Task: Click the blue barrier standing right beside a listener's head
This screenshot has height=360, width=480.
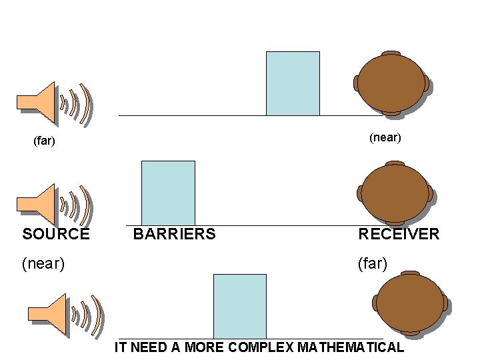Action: tap(293, 83)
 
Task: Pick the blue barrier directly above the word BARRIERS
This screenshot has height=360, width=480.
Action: tap(168, 193)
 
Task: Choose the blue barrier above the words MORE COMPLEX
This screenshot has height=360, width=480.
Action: tap(239, 306)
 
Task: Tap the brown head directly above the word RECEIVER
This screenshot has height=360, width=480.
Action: tap(395, 193)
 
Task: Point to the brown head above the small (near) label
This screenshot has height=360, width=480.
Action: tap(390, 83)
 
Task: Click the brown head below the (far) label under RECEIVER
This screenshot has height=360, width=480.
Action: tap(410, 303)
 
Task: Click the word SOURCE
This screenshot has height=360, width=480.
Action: tap(56, 234)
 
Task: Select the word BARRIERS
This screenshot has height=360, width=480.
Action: tap(174, 234)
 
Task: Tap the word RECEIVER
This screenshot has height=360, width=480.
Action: tap(399, 234)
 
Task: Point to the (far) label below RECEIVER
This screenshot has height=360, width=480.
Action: tap(373, 263)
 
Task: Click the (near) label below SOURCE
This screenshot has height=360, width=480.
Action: tap(43, 263)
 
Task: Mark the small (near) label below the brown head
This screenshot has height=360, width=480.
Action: tap(385, 138)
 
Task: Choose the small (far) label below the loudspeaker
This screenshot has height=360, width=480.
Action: tap(44, 141)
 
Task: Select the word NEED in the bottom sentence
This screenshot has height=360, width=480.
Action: tap(145, 347)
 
